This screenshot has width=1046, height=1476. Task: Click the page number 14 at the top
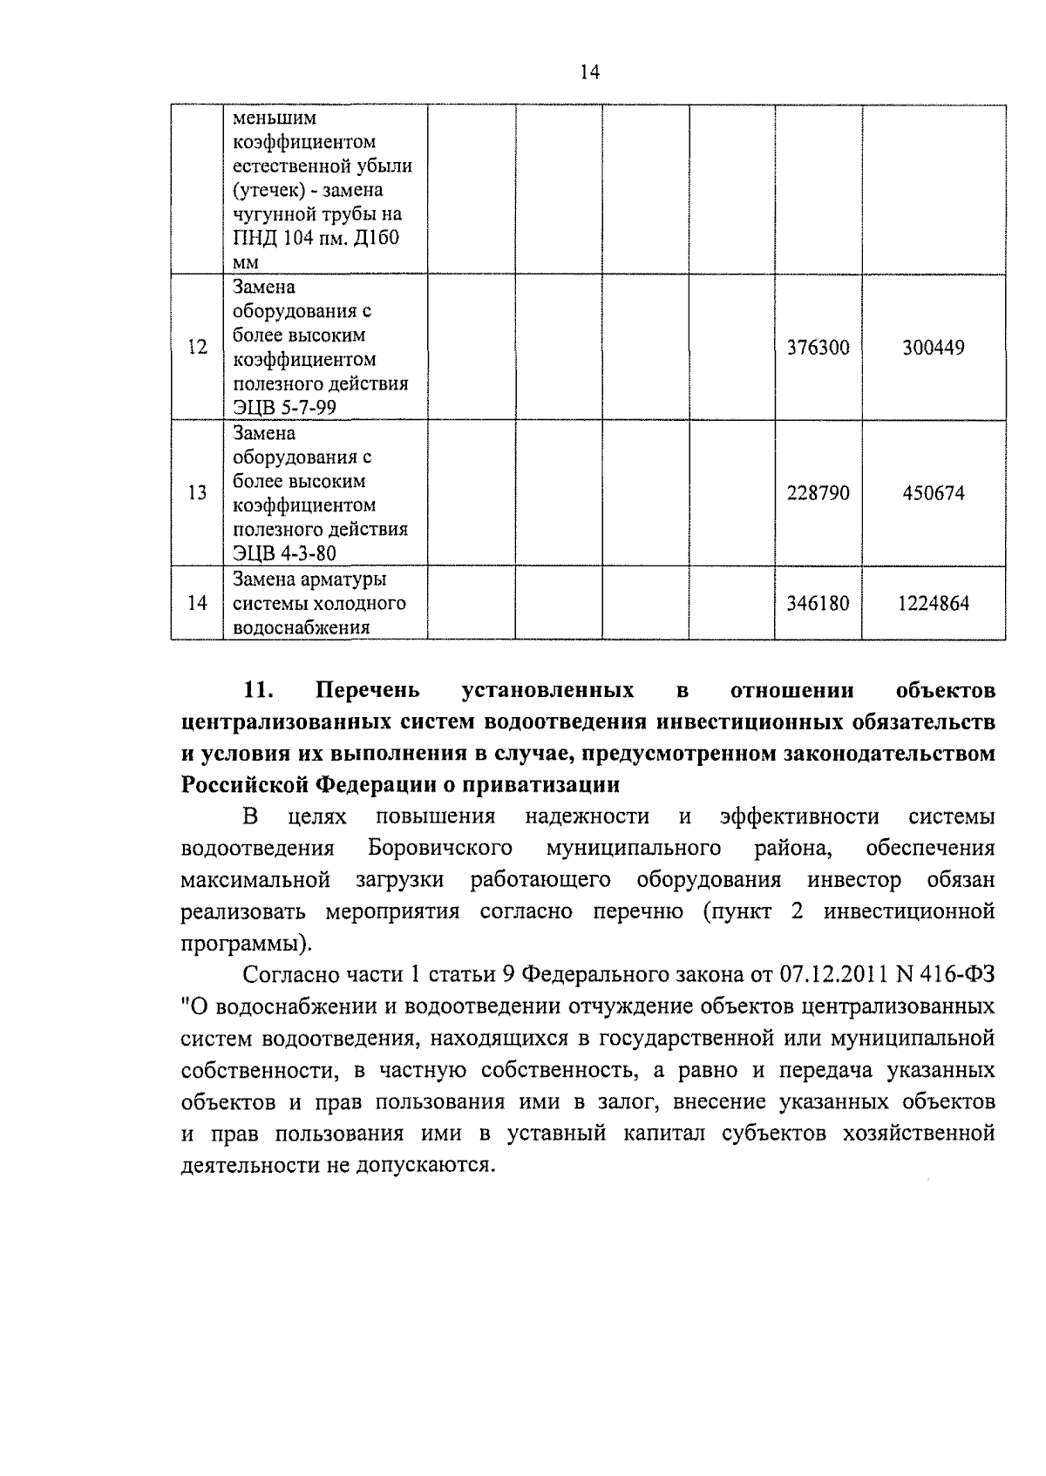(590, 72)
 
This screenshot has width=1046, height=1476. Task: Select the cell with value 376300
(818, 348)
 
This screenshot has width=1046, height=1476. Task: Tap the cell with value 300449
(934, 348)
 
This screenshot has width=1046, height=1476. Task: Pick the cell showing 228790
(818, 493)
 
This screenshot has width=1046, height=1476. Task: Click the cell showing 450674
(934, 493)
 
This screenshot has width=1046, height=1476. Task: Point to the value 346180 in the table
(818, 603)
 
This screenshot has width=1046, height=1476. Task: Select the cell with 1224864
(934, 603)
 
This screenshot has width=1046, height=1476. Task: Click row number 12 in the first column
(198, 348)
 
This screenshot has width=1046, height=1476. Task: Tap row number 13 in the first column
(198, 493)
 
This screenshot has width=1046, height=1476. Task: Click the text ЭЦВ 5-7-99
(284, 408)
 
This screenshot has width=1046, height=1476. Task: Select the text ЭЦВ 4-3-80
(284, 553)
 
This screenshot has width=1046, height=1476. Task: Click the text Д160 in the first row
(377, 238)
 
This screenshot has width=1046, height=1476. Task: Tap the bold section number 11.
(260, 691)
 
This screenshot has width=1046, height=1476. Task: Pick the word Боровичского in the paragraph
(439, 848)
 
